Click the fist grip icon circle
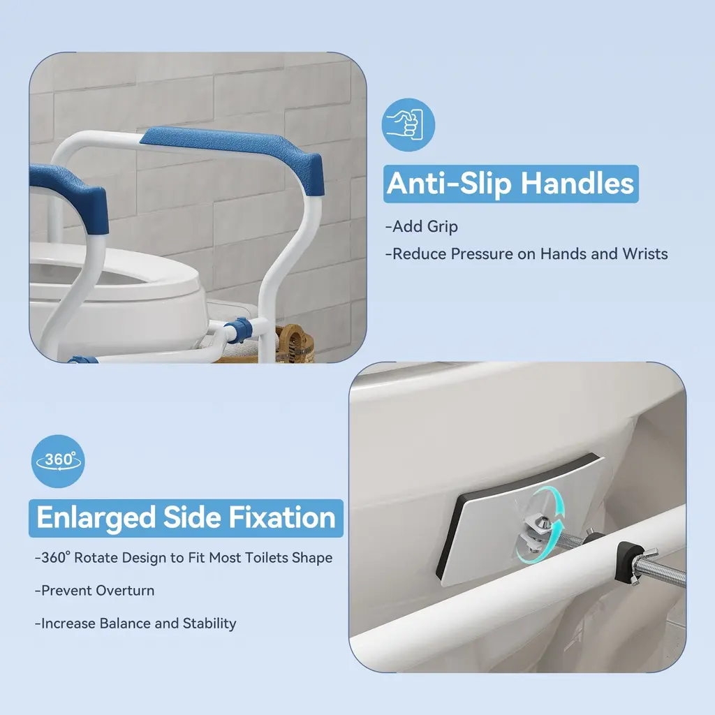[x=408, y=125]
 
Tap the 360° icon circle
[x=58, y=461]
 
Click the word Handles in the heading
[x=577, y=184]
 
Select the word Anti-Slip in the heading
[x=449, y=184]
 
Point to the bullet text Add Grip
[x=422, y=226]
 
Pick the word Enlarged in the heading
[x=96, y=517]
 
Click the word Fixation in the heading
[x=282, y=517]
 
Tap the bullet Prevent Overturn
[x=95, y=591]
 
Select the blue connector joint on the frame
[x=239, y=330]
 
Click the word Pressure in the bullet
[x=482, y=253]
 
